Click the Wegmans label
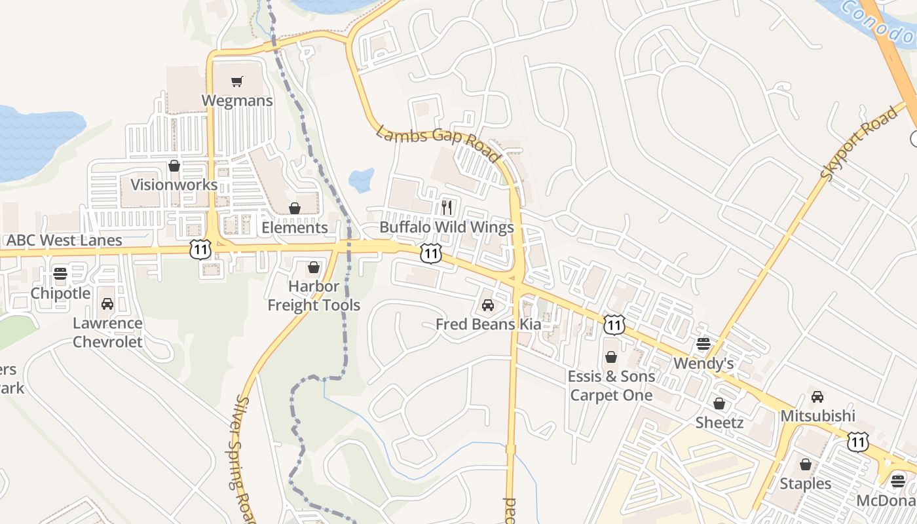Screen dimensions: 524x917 click(x=237, y=101)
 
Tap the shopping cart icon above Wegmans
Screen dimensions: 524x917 click(x=237, y=82)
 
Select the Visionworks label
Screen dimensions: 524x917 click(x=174, y=185)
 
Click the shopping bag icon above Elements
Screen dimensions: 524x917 click(x=295, y=208)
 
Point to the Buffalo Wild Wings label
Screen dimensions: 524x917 click(x=447, y=228)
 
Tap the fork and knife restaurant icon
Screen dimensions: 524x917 click(x=447, y=208)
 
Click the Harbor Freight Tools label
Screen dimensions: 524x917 click(x=314, y=296)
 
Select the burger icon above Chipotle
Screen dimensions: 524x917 click(x=60, y=274)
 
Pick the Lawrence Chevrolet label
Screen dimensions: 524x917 click(x=107, y=333)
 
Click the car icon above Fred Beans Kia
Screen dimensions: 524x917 click(x=488, y=305)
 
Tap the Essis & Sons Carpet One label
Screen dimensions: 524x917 click(x=611, y=386)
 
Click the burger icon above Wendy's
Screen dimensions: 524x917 click(x=703, y=344)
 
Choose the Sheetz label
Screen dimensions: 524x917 click(x=719, y=422)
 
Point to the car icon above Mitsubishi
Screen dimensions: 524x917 click(x=817, y=397)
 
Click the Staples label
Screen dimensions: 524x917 click(x=805, y=484)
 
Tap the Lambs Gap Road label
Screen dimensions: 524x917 click(x=438, y=143)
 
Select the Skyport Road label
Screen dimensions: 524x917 click(x=859, y=143)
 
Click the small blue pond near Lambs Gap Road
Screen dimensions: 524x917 click(x=361, y=179)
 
